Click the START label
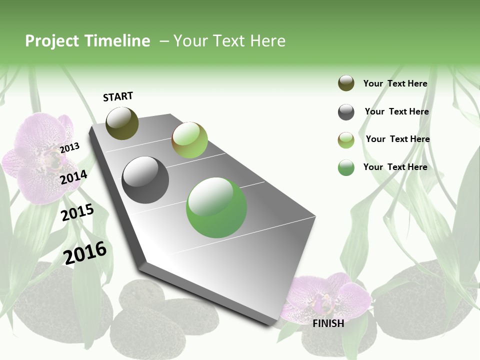click(118, 96)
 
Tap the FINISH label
click(328, 323)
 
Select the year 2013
click(69, 147)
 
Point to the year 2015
click(77, 212)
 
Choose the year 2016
click(85, 252)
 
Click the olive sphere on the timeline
click(122, 123)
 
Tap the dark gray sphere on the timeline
click(145, 180)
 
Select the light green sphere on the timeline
click(189, 140)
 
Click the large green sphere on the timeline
click(216, 207)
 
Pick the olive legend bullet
click(346, 83)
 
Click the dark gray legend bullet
click(346, 112)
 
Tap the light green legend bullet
click(346, 140)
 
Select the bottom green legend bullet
click(346, 167)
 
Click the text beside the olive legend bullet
click(395, 83)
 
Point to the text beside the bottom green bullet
click(395, 167)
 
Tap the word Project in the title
click(52, 41)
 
